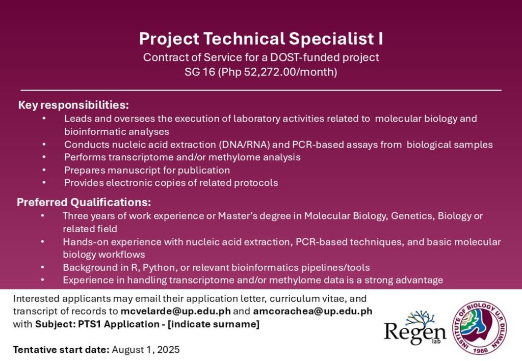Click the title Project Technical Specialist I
click(261, 39)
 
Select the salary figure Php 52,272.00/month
click(278, 72)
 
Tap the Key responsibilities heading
click(73, 105)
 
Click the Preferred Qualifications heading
click(84, 202)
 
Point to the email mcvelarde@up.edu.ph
click(175, 312)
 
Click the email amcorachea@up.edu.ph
click(312, 312)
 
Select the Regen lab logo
click(415, 328)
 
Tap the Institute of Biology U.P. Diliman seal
click(479, 328)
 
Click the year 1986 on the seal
click(480, 350)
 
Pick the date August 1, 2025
click(146, 350)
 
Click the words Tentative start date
click(61, 350)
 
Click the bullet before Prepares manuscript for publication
click(44, 170)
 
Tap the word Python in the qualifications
click(159, 268)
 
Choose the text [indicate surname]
click(214, 324)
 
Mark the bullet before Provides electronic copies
click(44, 182)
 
